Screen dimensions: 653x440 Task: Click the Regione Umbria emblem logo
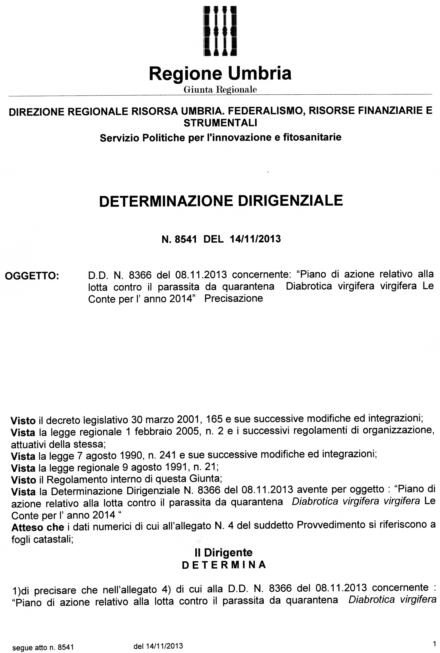pyautogui.click(x=220, y=31)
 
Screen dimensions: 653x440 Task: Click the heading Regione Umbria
pyautogui.click(x=220, y=73)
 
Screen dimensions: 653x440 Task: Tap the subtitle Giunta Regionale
pyautogui.click(x=220, y=90)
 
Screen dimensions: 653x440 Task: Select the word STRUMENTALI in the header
pyautogui.click(x=220, y=123)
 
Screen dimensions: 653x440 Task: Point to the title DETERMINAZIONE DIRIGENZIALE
pyautogui.click(x=221, y=201)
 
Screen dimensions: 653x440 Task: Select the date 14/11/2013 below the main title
pyautogui.click(x=255, y=239)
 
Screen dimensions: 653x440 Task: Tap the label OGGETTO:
pyautogui.click(x=32, y=276)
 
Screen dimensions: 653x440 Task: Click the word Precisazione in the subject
pyautogui.click(x=233, y=298)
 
